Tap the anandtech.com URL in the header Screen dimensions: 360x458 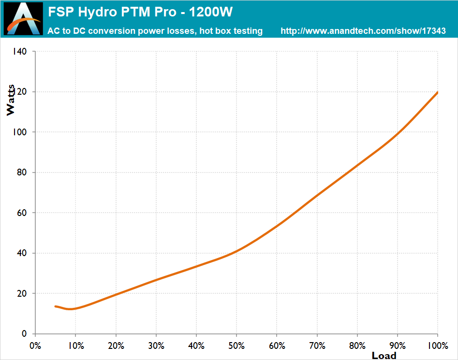pyautogui.click(x=363, y=31)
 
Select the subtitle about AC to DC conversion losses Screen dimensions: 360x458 pyautogui.click(x=155, y=31)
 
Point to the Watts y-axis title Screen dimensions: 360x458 pyautogui.click(x=11, y=100)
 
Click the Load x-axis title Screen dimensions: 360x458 pyautogui.click(x=384, y=356)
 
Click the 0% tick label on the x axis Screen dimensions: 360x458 pyautogui.click(x=35, y=346)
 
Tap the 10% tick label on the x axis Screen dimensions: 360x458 pyautogui.click(x=75, y=346)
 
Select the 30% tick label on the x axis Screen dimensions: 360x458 pyautogui.click(x=156, y=346)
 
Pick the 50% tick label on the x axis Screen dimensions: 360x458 pyautogui.click(x=236, y=346)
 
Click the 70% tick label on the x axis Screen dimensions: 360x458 pyautogui.click(x=316, y=346)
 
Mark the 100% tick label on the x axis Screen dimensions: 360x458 pyautogui.click(x=437, y=346)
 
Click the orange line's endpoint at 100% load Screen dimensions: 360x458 pyautogui.click(x=437, y=92)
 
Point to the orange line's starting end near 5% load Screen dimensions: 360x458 pyautogui.click(x=56, y=306)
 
